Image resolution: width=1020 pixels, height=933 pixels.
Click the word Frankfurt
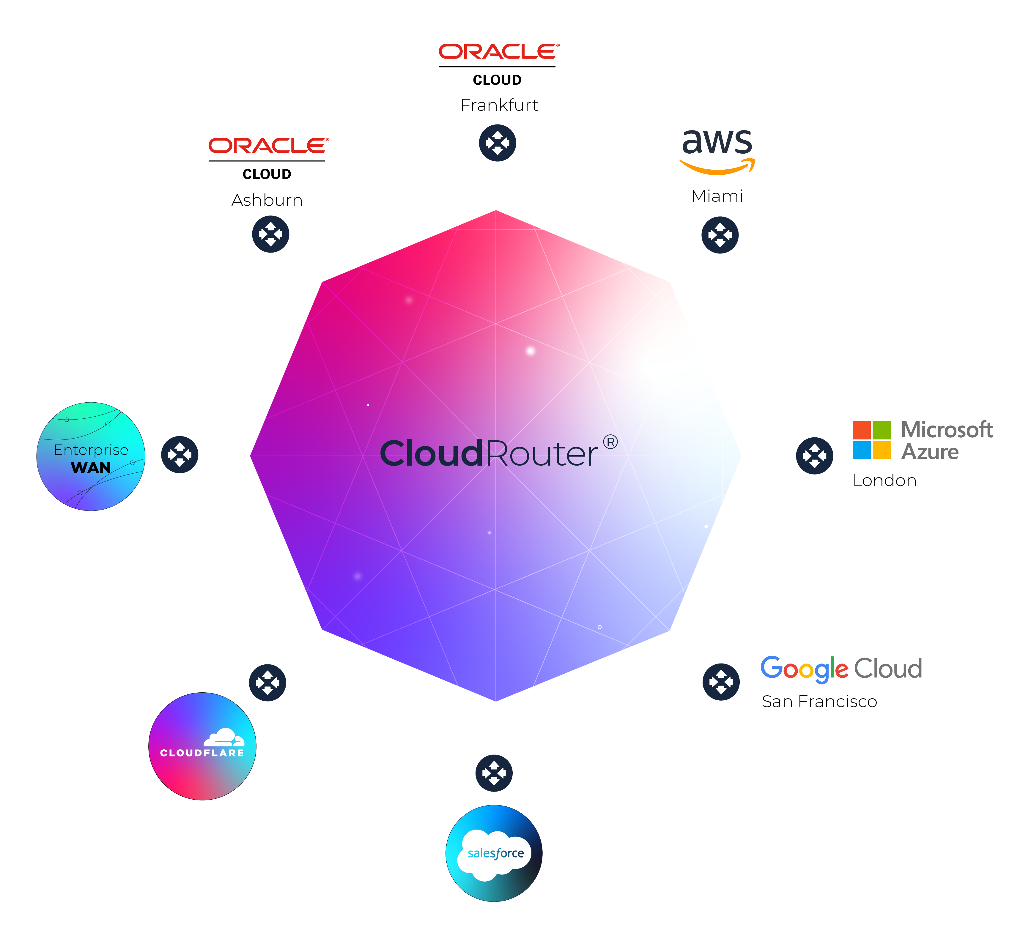[499, 105]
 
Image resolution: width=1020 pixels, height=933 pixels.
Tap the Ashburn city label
[267, 200]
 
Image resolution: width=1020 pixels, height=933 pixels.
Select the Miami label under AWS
[717, 196]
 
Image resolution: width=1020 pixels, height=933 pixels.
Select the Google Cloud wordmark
[841, 669]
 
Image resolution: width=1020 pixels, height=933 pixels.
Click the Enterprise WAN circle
[91, 456]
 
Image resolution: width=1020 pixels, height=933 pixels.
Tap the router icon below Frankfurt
[497, 143]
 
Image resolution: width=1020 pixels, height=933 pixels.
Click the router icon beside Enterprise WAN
[180, 454]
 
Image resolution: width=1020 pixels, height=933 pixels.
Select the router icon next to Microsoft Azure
[814, 456]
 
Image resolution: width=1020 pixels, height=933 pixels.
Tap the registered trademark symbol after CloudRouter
[610, 442]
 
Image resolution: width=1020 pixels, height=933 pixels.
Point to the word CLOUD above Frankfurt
[497, 80]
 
